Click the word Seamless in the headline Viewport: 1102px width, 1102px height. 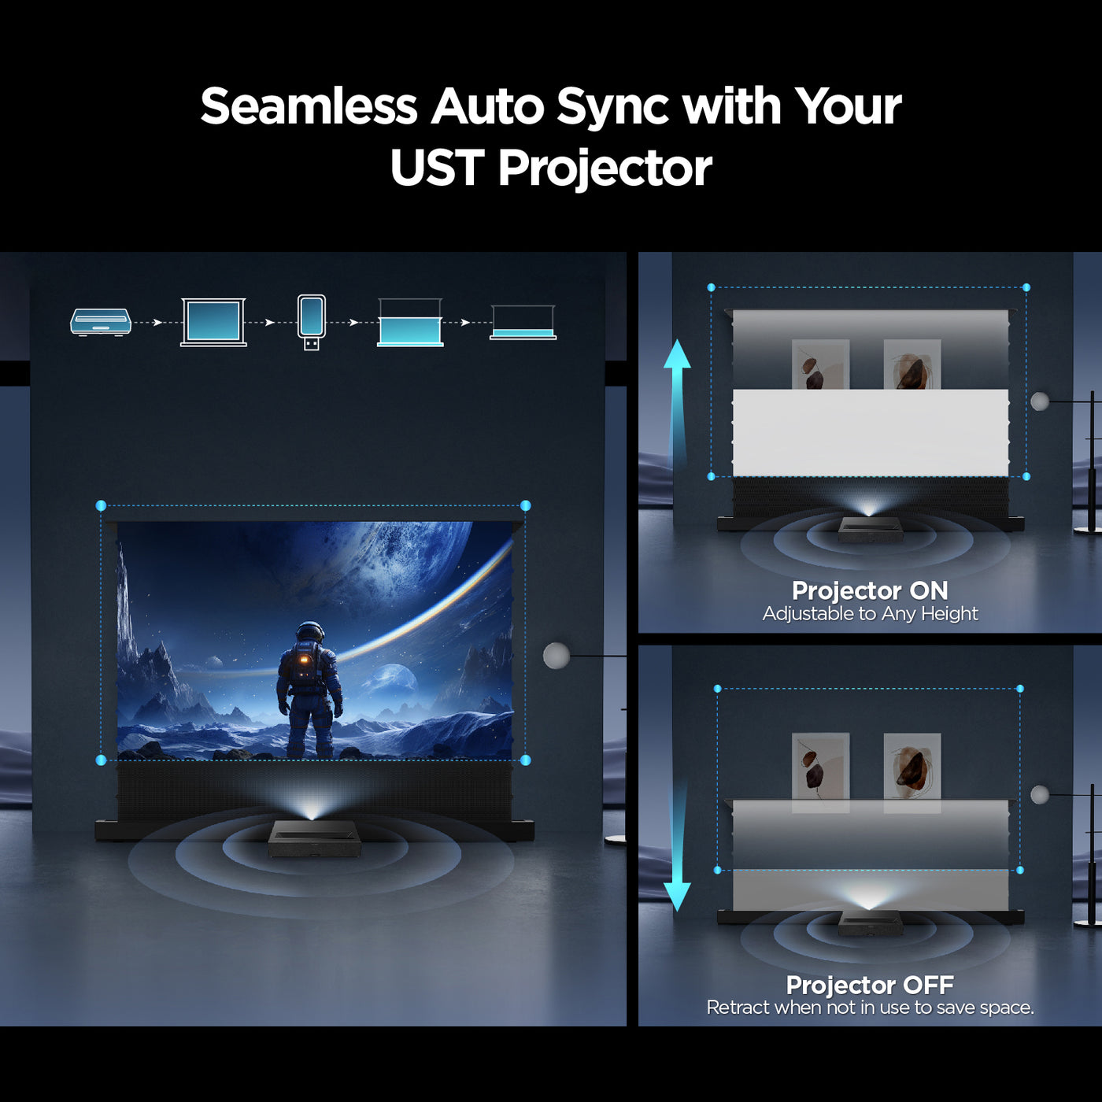309,106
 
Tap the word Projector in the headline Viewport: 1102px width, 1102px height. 605,168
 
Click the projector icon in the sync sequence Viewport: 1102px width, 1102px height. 101,322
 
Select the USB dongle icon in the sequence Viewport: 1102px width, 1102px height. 312,322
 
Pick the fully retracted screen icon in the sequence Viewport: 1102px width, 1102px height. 523,324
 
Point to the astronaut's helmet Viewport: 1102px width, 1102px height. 310,632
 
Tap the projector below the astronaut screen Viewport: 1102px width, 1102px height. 314,839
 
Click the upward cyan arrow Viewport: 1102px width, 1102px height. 677,401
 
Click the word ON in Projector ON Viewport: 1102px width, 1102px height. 929,590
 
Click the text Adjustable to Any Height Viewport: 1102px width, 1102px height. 870,614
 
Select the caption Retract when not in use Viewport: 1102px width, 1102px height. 870,1008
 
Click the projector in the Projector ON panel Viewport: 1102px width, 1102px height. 870,528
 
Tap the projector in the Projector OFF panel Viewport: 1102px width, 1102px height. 870,922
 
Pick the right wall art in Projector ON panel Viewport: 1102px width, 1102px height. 912,364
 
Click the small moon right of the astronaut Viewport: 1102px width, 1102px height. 393,679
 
